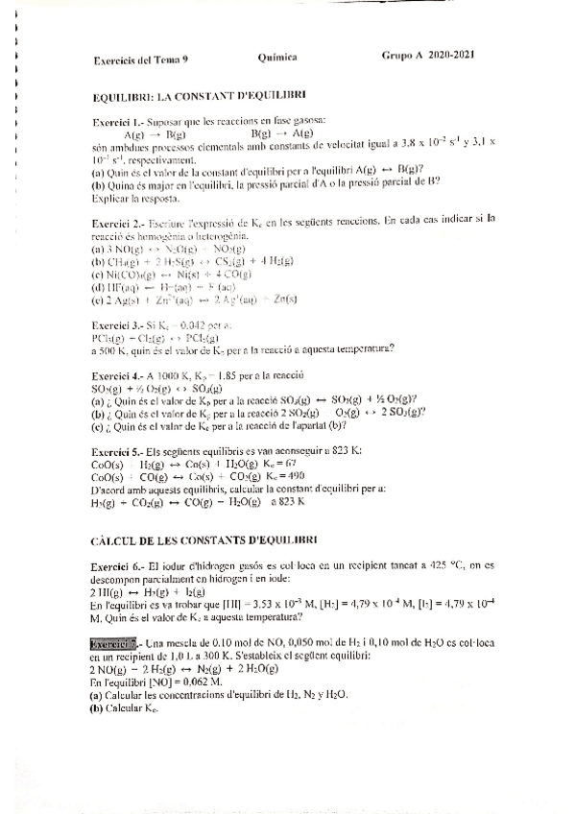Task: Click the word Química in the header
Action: click(277, 58)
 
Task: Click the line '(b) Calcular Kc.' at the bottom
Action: click(126, 709)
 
